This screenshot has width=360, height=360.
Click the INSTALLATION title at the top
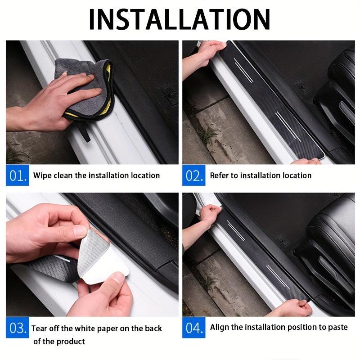coord(180,18)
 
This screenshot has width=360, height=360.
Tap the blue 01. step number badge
coord(18,175)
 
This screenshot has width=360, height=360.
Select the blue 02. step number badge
coord(194,175)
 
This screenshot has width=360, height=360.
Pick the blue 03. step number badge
coord(18,328)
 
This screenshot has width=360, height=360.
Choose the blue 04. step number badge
coord(194,327)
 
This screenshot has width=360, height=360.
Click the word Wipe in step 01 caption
coord(42,175)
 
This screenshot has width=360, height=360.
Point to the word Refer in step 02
coord(219,175)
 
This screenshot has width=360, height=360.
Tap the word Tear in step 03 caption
coord(40,328)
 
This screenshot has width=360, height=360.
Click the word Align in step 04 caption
coord(220,327)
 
